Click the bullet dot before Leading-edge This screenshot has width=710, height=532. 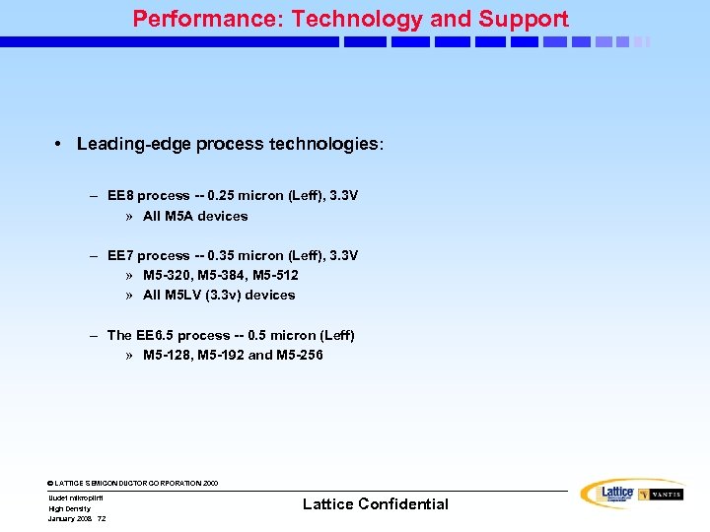[x=60, y=144]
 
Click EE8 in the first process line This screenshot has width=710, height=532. [x=121, y=196]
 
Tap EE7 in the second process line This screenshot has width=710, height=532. [x=121, y=255]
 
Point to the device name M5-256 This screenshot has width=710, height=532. [x=300, y=355]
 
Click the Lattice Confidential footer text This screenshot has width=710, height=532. [x=375, y=504]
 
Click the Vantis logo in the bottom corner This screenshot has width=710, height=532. [x=660, y=495]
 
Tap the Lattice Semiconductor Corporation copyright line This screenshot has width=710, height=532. [x=133, y=483]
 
